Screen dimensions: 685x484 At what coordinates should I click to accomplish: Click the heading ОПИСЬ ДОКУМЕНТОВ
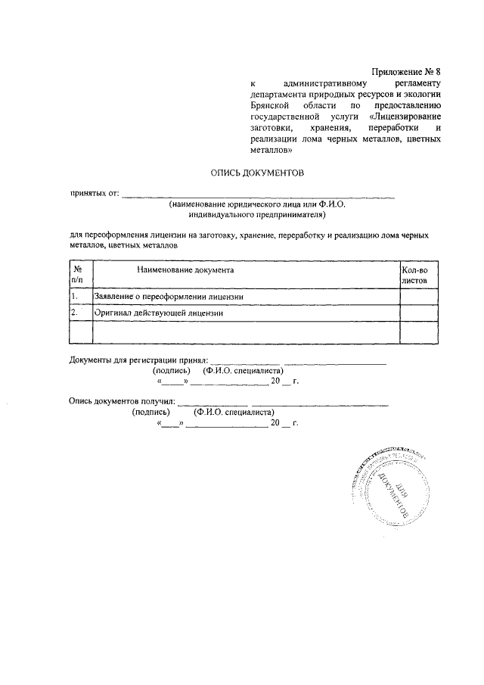[256, 173]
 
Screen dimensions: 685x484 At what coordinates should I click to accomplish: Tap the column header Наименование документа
[185, 270]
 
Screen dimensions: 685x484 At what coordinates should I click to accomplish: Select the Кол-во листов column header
[414, 274]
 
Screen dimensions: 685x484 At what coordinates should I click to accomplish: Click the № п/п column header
[78, 274]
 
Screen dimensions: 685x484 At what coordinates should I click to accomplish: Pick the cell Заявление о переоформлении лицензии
[168, 296]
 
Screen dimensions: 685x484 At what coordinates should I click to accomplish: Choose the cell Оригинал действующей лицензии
[158, 312]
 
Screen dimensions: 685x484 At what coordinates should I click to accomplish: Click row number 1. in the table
[74, 296]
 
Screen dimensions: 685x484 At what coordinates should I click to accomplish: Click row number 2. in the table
[74, 312]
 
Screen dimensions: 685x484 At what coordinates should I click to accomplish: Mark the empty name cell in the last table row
[245, 332]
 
